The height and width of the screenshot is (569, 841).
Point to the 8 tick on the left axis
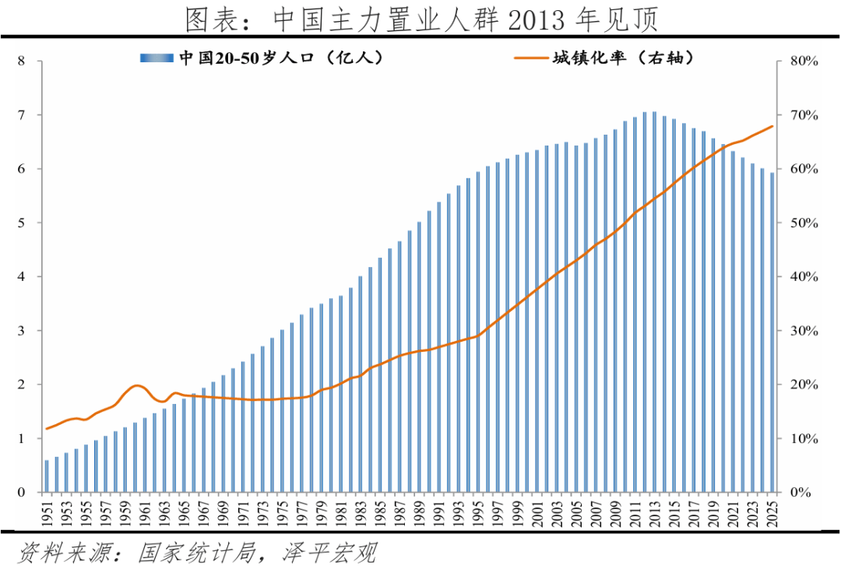point(22,61)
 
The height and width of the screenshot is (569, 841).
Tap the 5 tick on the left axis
point(22,223)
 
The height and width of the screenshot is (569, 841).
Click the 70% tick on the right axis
point(802,115)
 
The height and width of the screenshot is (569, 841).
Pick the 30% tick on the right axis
point(802,331)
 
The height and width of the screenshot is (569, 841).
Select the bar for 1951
point(47,476)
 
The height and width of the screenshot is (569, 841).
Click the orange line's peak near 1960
point(137,385)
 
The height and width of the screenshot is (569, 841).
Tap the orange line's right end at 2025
point(772,126)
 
